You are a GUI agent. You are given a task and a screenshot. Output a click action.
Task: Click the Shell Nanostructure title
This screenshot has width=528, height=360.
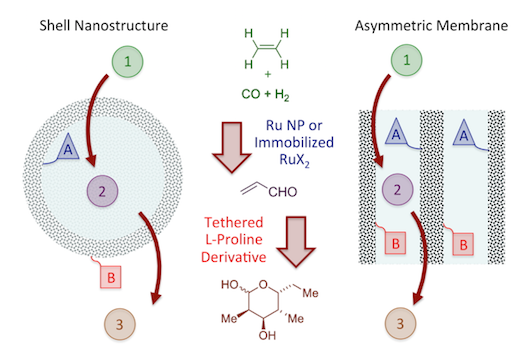coord(104,26)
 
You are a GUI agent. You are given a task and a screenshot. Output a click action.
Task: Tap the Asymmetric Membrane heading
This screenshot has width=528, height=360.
coord(431,26)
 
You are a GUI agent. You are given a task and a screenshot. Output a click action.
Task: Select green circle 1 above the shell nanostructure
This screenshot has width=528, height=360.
coord(128,62)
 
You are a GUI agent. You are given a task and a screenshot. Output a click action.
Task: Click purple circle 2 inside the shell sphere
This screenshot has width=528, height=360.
coord(102,191)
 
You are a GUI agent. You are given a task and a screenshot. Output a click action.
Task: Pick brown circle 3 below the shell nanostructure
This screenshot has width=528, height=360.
coord(120,324)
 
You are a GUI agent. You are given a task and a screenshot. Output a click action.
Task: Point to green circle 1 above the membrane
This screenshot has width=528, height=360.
coord(406,60)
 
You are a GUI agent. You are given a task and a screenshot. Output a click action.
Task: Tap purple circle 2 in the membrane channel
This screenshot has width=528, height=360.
coord(397,190)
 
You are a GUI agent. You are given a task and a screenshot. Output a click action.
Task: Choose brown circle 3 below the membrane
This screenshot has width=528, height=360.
coord(400,323)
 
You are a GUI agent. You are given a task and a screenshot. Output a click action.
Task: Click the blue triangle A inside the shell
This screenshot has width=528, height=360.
coord(68,147)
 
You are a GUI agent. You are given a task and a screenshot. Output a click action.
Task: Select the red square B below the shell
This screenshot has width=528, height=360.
coord(111,277)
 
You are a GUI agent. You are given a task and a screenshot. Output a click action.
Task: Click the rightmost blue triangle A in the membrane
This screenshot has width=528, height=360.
coord(464,133)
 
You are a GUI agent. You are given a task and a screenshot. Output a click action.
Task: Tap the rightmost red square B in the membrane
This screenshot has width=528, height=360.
coord(463,244)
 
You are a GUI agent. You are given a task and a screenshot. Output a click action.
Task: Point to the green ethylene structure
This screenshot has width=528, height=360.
coord(267,48)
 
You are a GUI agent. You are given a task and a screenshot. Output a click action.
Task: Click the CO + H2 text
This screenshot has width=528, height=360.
coord(265,94)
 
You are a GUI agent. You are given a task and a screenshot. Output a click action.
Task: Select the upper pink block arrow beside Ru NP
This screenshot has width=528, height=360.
coord(232,147)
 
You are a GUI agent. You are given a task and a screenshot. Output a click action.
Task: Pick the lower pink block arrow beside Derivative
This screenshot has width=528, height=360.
coord(296,241)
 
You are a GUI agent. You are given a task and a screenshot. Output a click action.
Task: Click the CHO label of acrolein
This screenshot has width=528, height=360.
coord(283,192)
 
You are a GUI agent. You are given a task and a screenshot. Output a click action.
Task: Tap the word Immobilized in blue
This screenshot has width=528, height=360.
coord(294,142)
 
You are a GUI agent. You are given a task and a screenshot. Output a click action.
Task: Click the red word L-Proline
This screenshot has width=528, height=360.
coord(234,240)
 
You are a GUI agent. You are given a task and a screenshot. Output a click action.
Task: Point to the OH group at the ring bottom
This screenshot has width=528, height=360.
coord(267,335)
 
